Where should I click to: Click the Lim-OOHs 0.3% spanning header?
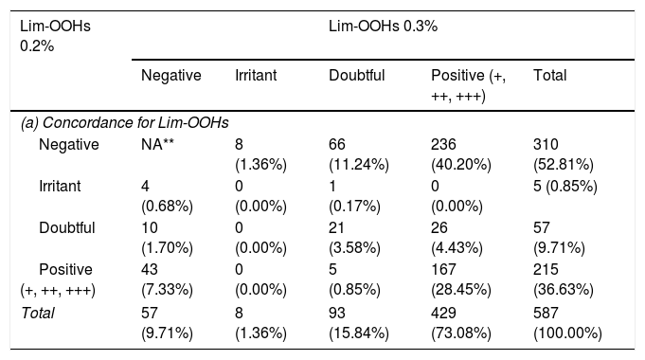(383, 27)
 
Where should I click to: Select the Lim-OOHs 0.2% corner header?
(55, 36)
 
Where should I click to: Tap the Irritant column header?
(256, 75)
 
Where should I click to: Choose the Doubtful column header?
(357, 75)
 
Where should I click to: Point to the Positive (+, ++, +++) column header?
(468, 85)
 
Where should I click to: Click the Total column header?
(550, 75)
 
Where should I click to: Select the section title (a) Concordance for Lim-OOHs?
(125, 122)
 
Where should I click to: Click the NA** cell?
(157, 144)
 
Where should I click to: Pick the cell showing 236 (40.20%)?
(461, 154)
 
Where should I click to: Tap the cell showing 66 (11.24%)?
(359, 154)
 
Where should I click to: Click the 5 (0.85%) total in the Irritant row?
(565, 187)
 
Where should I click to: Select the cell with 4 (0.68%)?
(167, 196)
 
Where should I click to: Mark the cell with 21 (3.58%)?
(354, 238)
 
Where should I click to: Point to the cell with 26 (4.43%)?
(457, 238)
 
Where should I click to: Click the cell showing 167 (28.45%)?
(461, 279)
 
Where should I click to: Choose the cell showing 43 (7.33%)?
(167, 279)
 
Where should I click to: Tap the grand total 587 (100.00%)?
(567, 323)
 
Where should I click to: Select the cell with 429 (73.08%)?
(461, 323)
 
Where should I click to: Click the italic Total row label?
(38, 313)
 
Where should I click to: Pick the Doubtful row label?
(67, 228)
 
